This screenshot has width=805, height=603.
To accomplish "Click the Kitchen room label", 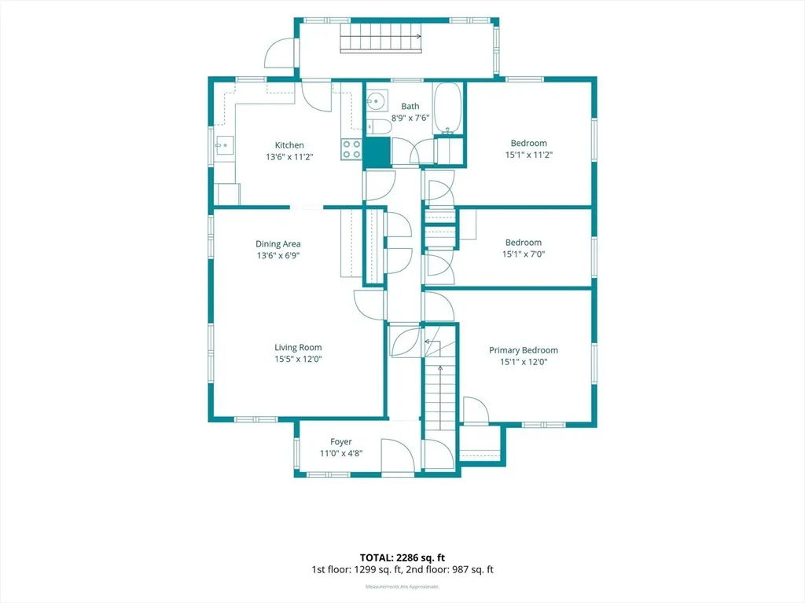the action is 289,145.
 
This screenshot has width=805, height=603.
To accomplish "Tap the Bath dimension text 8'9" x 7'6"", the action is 410,118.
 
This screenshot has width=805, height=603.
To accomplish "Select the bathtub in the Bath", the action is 447,108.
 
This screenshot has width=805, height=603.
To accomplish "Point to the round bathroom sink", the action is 377,101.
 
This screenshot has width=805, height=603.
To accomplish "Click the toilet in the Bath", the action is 379,126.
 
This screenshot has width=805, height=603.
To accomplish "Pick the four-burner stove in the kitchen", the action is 351,149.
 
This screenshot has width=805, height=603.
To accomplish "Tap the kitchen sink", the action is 224,145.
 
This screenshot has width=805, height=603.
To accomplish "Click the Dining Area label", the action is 278,244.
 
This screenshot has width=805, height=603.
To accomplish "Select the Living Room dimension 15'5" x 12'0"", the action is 298,359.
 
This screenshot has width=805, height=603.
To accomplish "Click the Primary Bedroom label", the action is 523,350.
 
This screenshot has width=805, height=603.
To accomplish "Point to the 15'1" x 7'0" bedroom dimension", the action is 523,254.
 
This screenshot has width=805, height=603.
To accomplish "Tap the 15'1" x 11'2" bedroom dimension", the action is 528,155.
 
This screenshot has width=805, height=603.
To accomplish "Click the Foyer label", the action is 341,441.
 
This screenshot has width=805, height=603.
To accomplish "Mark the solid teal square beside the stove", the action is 377,152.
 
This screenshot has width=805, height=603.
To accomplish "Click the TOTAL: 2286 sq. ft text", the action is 402,558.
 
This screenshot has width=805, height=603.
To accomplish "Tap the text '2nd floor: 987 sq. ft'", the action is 449,570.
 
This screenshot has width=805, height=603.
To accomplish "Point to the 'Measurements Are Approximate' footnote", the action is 402,587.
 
